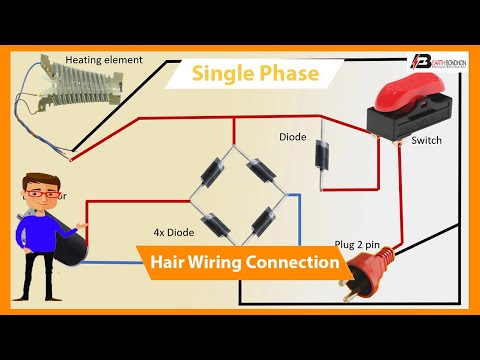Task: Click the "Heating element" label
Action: click(104, 60)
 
